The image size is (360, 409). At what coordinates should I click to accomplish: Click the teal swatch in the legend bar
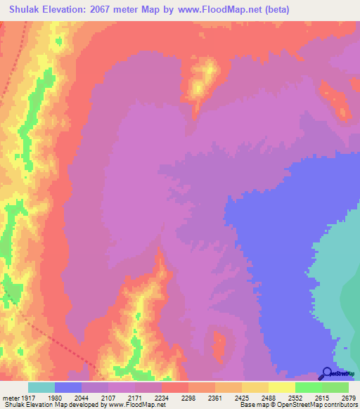point(41,387)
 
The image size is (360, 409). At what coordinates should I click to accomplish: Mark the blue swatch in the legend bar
point(68,387)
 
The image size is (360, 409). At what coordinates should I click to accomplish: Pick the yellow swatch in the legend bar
point(282,387)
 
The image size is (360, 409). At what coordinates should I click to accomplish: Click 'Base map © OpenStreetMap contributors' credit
point(297,405)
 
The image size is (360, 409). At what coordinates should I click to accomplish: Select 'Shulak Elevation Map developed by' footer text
point(53,405)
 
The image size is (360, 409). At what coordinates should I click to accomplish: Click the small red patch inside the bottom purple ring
point(219,344)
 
